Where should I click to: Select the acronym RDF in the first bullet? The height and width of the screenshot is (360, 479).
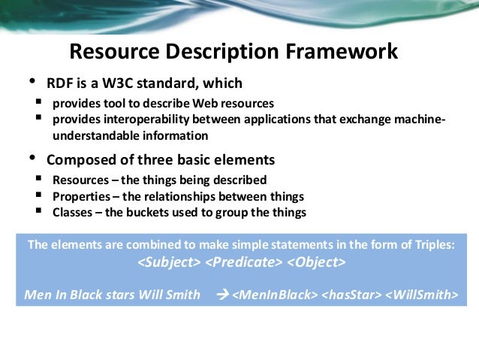62,83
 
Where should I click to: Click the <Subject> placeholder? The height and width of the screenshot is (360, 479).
170,264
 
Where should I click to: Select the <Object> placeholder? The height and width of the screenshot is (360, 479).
315,264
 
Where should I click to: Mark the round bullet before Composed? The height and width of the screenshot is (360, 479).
32,158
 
